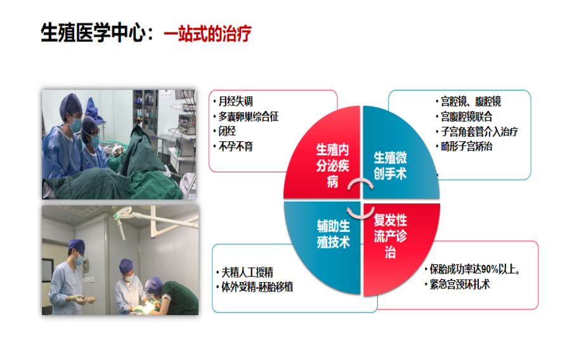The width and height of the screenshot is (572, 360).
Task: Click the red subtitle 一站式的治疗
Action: [x=207, y=33]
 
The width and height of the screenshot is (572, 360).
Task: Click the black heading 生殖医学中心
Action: [x=93, y=32]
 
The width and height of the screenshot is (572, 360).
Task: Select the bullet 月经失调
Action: [x=235, y=101]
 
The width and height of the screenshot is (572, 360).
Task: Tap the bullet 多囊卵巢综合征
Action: [x=249, y=117]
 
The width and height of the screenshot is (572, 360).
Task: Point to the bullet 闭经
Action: [x=227, y=131]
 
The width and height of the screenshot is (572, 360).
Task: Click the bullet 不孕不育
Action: [x=235, y=146]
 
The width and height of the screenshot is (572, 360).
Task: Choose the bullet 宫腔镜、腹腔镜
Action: [x=471, y=101]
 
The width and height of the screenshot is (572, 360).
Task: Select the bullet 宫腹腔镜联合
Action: [x=467, y=117]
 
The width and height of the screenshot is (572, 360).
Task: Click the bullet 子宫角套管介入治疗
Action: [x=479, y=131]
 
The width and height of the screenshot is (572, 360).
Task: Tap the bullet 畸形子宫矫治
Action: [x=467, y=146]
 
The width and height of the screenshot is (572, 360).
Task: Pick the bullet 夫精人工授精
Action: [x=247, y=272]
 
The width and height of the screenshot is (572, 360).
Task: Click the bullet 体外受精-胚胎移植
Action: [x=257, y=287]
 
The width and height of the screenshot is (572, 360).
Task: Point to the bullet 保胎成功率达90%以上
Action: [x=474, y=269]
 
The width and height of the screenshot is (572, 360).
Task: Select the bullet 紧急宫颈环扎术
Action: [x=460, y=284]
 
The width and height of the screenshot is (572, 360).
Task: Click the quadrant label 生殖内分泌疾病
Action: [x=333, y=165]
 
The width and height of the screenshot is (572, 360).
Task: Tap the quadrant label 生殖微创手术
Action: [x=390, y=165]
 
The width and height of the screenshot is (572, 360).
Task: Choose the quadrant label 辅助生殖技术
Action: [x=334, y=234]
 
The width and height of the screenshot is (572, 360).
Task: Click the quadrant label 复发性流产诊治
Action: [x=391, y=236]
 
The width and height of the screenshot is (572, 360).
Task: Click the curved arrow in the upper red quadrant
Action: [x=360, y=181]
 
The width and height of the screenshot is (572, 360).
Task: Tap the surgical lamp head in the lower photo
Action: [x=122, y=213]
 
